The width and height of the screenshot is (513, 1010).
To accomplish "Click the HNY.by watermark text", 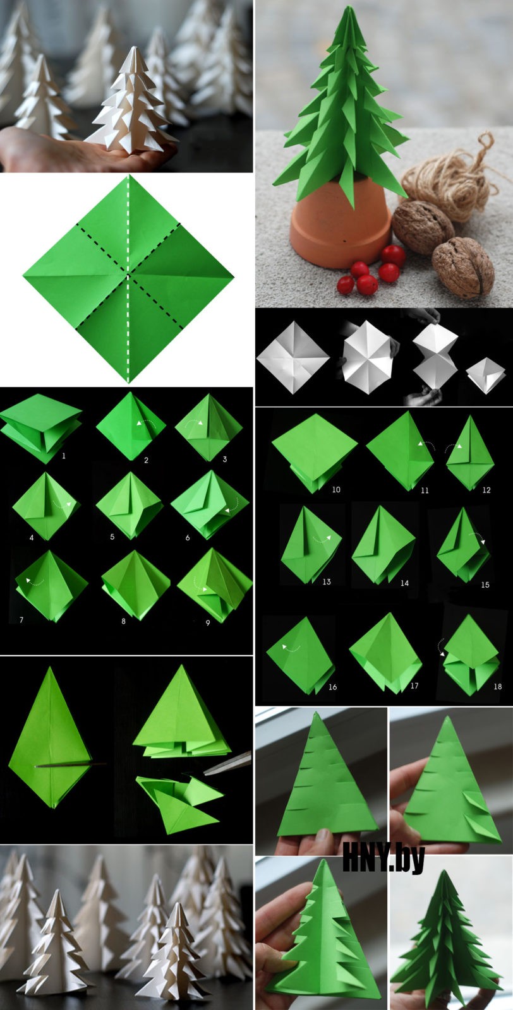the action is tap(383, 858).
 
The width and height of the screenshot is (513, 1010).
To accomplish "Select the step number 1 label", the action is tap(64, 456).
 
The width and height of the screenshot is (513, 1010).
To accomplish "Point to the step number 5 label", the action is tap(112, 537).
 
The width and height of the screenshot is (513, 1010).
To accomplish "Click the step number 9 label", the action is tap(208, 622).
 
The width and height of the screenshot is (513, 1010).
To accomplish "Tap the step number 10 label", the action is tap(336, 490).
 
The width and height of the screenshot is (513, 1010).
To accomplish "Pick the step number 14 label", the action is tap(405, 583).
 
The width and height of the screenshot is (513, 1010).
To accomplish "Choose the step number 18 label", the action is tap(498, 686).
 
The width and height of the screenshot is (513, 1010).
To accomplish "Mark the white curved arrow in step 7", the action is tap(34, 581).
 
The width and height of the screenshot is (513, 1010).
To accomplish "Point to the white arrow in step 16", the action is tap(291, 648).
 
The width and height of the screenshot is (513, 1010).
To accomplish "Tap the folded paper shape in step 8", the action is tap(135, 585).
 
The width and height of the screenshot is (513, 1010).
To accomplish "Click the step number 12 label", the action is tap(486, 490).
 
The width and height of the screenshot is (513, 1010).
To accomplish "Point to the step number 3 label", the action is tap(225, 460).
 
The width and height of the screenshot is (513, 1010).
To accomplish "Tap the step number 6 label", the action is tap(188, 537).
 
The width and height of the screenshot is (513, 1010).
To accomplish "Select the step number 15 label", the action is tap(485, 585).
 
